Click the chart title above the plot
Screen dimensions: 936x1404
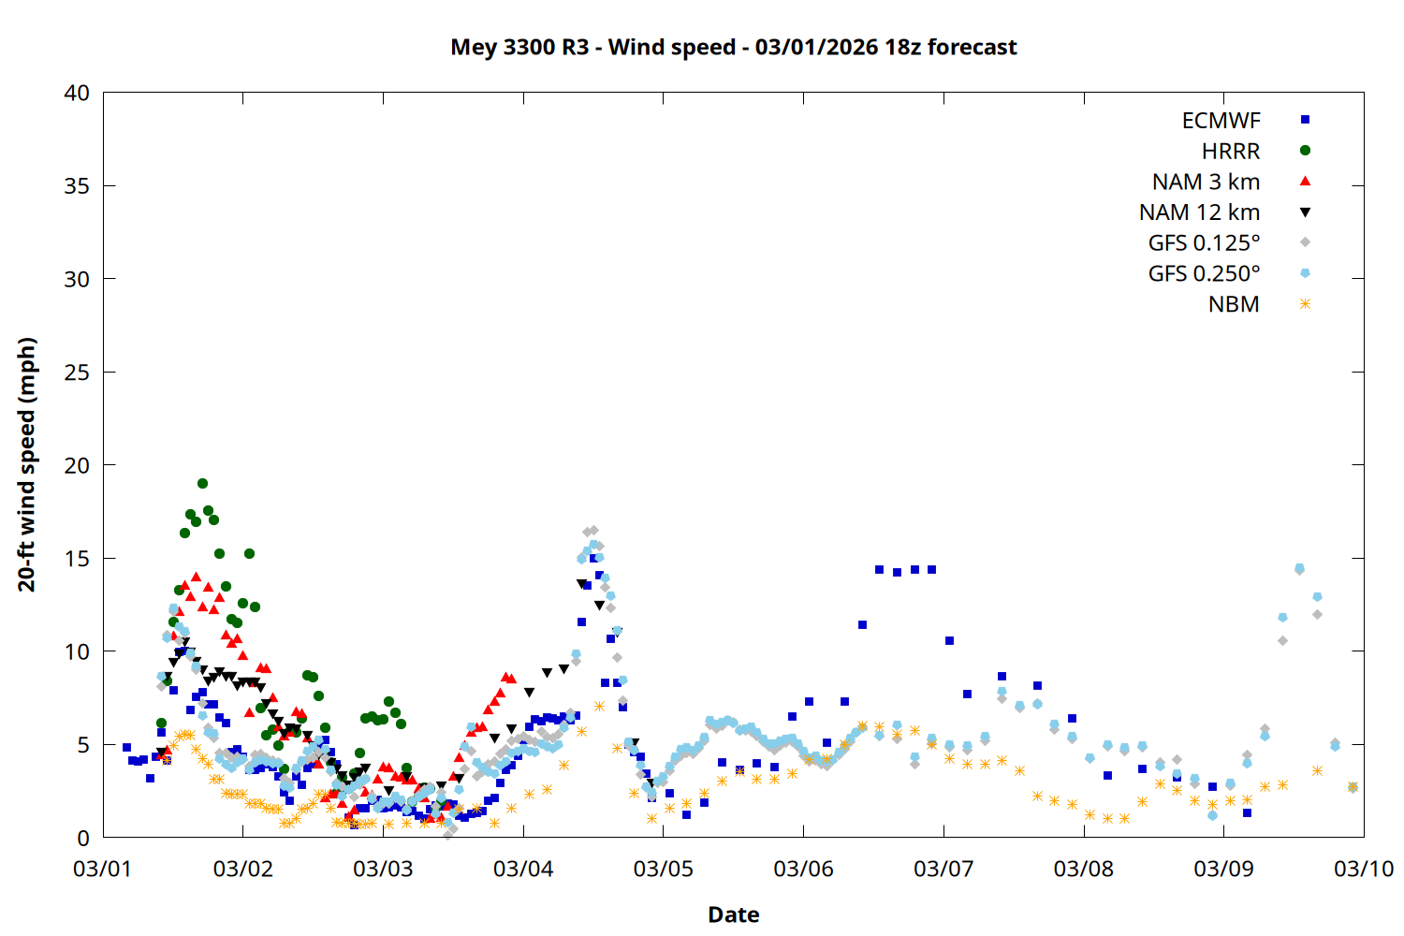point(733,47)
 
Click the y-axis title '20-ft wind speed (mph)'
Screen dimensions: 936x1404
point(27,464)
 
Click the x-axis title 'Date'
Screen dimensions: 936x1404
point(733,914)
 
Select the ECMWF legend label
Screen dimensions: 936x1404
point(1221,121)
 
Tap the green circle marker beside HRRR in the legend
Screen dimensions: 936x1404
point(1305,151)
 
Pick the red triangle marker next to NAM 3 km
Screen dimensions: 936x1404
point(1305,181)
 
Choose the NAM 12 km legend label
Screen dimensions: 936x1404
point(1199,212)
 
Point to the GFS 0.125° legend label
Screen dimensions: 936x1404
point(1204,243)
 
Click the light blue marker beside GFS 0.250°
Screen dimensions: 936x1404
point(1305,273)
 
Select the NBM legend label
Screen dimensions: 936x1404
point(1234,304)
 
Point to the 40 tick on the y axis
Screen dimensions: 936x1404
point(77,93)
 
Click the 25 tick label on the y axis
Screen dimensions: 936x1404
point(77,372)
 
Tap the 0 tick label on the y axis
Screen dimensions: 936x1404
point(83,838)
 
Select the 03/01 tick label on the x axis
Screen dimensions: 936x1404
point(103,869)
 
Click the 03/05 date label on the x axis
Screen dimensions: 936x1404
point(663,869)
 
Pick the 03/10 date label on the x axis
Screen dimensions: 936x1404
point(1363,869)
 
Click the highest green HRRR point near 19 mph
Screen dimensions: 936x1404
point(202,484)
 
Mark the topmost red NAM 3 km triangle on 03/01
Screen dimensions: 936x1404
point(196,578)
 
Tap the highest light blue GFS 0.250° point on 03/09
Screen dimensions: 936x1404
point(1299,568)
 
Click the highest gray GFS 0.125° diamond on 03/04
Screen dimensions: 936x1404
point(593,531)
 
